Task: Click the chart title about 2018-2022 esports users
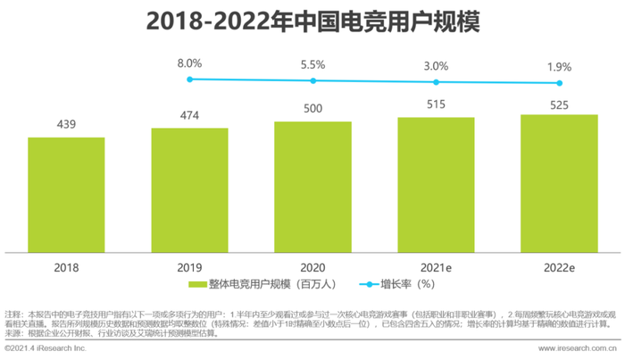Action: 312,23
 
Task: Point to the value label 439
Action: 66,126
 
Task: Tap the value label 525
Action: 559,104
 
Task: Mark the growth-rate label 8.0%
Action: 189,63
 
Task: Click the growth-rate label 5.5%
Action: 312,65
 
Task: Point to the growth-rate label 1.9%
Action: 559,68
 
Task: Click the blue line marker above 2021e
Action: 436,82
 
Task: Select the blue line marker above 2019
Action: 189,80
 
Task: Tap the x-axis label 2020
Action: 312,266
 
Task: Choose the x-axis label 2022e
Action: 559,266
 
